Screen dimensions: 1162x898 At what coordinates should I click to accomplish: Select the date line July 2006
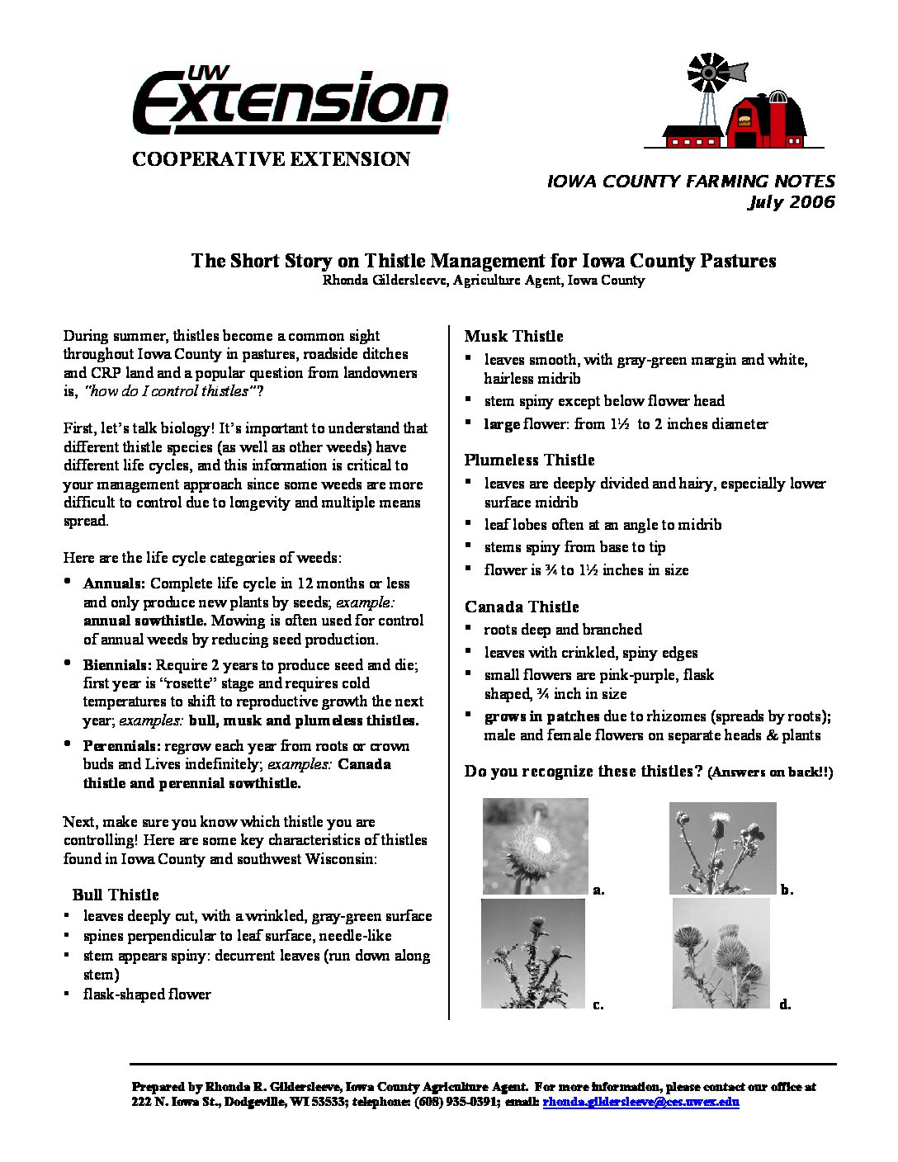click(791, 202)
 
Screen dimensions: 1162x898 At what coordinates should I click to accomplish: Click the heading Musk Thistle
click(513, 336)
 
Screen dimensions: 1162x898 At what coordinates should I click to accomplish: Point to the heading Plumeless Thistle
click(529, 460)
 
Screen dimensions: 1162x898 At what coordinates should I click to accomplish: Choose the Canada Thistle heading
click(522, 607)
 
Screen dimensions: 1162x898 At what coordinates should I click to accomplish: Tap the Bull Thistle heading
click(116, 895)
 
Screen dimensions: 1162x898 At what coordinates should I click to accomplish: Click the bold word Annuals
click(114, 583)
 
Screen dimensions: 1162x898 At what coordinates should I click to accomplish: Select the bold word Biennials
click(117, 664)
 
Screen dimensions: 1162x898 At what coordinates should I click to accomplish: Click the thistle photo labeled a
click(535, 846)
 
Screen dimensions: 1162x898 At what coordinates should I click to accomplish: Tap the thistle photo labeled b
click(722, 848)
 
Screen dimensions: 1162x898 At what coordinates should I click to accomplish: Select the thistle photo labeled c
click(533, 953)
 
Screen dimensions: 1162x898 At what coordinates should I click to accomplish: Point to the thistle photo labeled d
click(721, 953)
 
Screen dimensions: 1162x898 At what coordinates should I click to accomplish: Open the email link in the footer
click(640, 1102)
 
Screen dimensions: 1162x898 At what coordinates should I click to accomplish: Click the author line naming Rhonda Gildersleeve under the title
click(483, 281)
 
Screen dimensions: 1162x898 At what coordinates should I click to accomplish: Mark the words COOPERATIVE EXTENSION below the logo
click(271, 159)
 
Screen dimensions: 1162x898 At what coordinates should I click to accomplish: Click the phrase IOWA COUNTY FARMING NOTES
click(691, 182)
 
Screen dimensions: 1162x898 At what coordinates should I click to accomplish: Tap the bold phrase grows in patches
click(541, 716)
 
